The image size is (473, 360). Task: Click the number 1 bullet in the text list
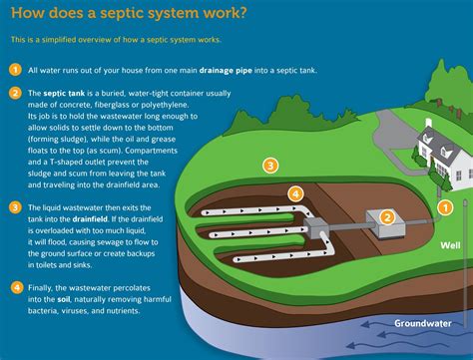[x=16, y=70]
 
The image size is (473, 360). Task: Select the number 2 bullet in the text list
[x=16, y=93]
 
